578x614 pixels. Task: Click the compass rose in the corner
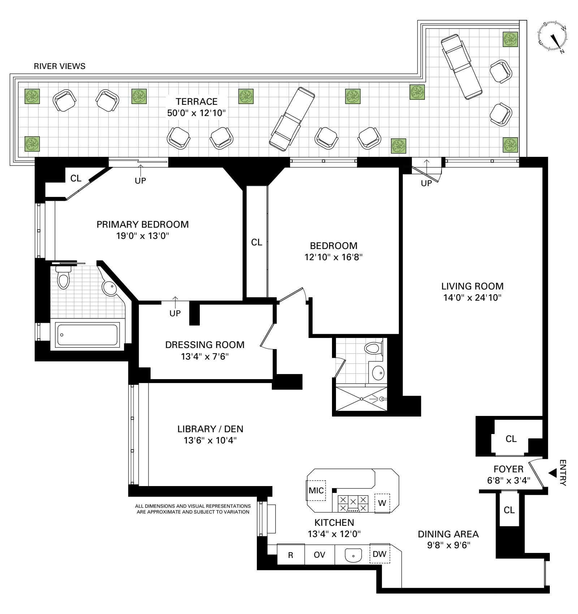click(552, 37)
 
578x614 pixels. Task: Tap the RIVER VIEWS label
click(60, 66)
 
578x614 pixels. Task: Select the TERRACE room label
click(197, 102)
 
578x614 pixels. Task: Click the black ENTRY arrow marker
click(552, 473)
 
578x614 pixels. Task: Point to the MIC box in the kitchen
click(316, 490)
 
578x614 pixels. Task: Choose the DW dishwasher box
click(380, 554)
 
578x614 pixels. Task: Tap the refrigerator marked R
click(290, 555)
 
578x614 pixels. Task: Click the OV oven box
click(319, 555)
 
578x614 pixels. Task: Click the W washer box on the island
click(383, 503)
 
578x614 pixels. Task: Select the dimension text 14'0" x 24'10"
click(473, 298)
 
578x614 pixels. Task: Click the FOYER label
click(508, 469)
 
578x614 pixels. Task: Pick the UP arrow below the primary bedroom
click(175, 302)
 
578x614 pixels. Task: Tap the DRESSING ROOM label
click(205, 345)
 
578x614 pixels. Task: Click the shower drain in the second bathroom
click(362, 399)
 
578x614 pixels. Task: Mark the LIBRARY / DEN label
click(210, 429)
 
